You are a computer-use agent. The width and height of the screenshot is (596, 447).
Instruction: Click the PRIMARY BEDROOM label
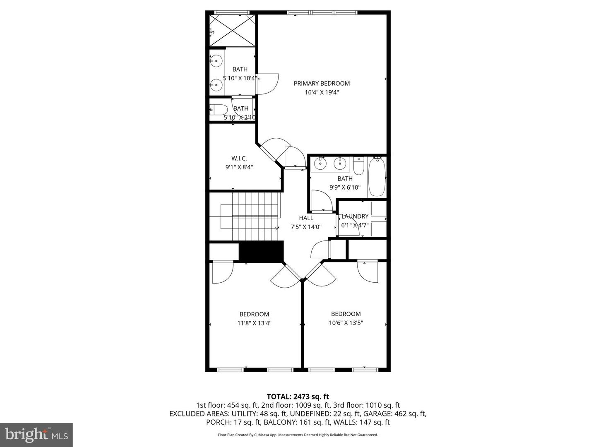point(322,83)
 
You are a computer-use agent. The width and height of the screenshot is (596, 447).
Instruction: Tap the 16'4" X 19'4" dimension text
point(322,93)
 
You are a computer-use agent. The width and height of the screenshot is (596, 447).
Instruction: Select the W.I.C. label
point(239,158)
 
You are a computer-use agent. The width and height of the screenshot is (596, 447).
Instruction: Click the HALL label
point(306,218)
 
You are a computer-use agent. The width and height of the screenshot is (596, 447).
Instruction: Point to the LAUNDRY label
point(355,216)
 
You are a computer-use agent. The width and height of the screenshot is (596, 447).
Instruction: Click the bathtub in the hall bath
point(377,176)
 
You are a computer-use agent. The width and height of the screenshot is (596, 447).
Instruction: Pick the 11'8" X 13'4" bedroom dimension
point(254,323)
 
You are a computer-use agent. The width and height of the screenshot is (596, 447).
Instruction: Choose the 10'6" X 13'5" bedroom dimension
point(346,323)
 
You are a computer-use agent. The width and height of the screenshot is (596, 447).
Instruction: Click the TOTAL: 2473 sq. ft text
point(298,397)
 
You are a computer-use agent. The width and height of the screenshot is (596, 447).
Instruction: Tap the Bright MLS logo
point(36,435)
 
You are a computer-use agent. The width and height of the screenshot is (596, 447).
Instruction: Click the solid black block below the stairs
point(261,252)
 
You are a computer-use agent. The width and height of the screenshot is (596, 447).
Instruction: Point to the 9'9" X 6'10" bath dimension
point(345,187)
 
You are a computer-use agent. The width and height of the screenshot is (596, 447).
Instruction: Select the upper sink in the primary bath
point(216,62)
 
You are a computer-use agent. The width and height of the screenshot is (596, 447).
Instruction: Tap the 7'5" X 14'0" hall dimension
point(306,227)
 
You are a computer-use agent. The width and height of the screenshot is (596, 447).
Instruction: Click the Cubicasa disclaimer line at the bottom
point(298,435)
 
